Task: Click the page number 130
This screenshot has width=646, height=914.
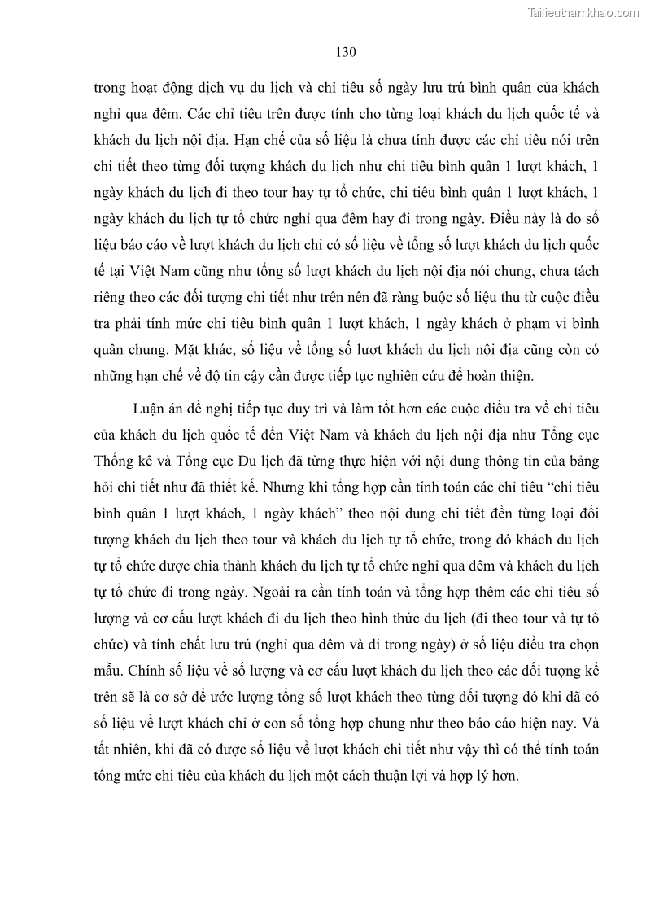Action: click(346, 52)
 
